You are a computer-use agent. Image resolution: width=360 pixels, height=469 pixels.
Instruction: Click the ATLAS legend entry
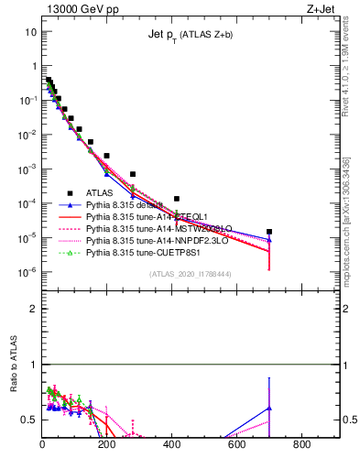click(99, 192)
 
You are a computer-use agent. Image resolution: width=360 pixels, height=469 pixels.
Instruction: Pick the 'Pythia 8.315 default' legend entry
click(124, 204)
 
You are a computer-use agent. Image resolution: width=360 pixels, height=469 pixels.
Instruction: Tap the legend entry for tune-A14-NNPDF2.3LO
click(150, 240)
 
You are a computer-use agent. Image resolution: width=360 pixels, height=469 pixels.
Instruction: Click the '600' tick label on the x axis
click(237, 445)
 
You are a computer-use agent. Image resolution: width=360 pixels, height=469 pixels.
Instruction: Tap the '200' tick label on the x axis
click(107, 445)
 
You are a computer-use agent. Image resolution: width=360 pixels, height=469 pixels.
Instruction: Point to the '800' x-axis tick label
click(302, 445)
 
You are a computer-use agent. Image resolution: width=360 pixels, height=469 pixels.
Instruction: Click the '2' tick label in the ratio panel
click(32, 309)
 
